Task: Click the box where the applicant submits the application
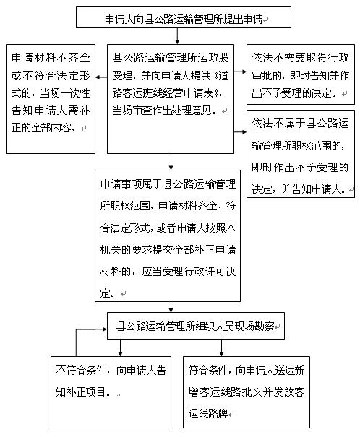click(x=184, y=17)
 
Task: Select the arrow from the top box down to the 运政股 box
click(x=177, y=36)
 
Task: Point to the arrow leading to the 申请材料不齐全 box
click(x=101, y=77)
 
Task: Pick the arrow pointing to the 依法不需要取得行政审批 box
click(x=240, y=72)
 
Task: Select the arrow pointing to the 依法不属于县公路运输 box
click(x=240, y=131)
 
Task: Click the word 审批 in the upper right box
click(x=262, y=76)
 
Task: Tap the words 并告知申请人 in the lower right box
click(x=312, y=189)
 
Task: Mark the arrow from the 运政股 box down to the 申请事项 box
click(x=171, y=162)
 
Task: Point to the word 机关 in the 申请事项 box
click(x=111, y=250)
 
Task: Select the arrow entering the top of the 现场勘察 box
click(x=171, y=307)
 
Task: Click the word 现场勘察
click(x=254, y=326)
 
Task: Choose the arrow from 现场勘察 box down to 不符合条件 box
click(x=120, y=348)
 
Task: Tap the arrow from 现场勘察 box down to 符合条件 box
click(x=221, y=348)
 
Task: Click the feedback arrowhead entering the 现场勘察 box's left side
click(x=105, y=329)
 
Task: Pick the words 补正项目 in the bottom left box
click(x=85, y=391)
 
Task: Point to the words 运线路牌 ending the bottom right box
click(x=208, y=414)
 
